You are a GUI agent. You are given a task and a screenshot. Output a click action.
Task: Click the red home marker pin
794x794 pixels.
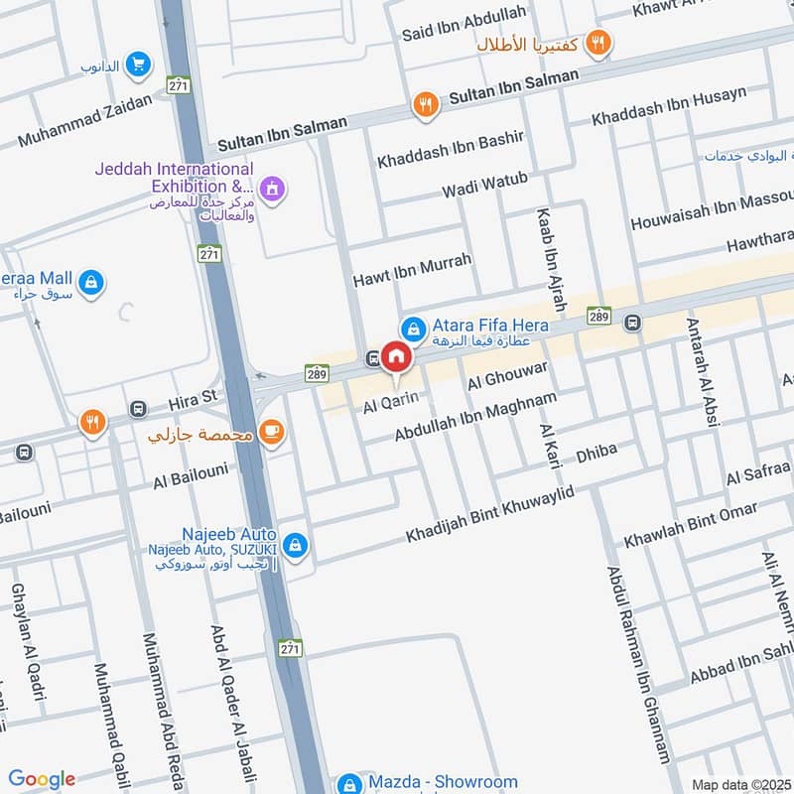coord(395,357)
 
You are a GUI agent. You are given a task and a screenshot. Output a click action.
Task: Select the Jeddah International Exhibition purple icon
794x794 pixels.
coord(271,187)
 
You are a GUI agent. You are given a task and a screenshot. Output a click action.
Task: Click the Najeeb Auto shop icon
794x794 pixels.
coord(295,545)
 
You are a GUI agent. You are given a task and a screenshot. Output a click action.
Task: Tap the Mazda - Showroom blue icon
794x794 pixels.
coord(348,783)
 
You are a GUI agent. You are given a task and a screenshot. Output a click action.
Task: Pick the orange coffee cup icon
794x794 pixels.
coord(271,431)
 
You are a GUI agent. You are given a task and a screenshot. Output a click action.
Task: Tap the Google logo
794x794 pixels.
coord(42,779)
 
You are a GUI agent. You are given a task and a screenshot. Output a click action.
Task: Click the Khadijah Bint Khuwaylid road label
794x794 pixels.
coord(490,515)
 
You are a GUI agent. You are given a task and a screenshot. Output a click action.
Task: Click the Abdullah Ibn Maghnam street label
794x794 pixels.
coord(475,417)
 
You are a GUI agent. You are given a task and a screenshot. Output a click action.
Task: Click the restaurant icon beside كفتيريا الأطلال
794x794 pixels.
coord(597,42)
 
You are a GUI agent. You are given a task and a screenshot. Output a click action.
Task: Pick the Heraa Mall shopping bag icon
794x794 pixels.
coord(91,282)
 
